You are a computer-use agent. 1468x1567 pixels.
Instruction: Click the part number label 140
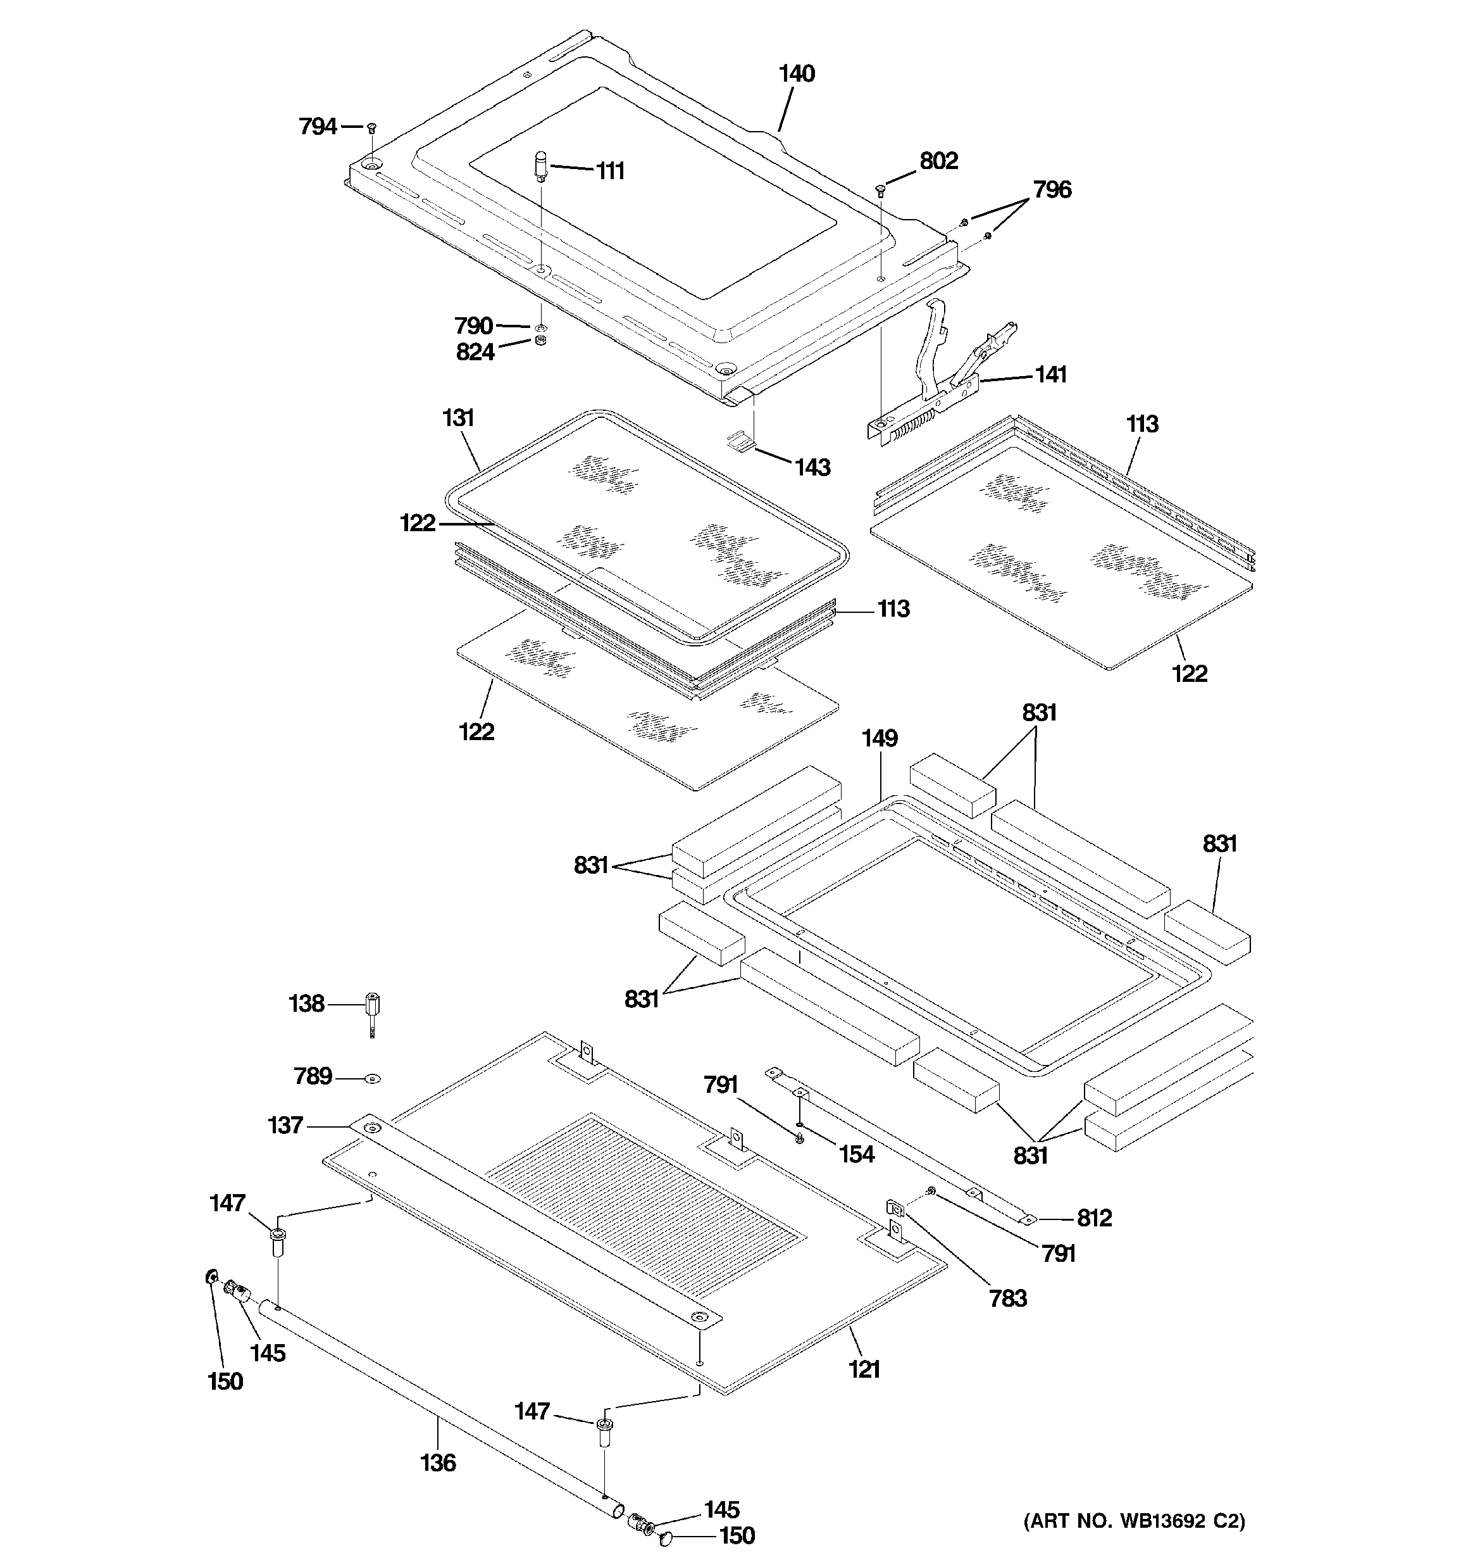[x=796, y=74]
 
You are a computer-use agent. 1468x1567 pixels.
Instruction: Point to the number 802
[x=938, y=161]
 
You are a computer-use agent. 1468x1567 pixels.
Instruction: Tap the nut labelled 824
[x=540, y=341]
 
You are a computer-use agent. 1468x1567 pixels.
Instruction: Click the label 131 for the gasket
[x=458, y=418]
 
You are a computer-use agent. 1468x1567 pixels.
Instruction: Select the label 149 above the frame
[x=880, y=739]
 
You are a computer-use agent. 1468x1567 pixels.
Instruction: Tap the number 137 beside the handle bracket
[x=285, y=1125]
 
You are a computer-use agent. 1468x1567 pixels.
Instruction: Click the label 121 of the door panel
[x=864, y=1369]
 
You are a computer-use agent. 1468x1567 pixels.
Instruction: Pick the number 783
[x=1008, y=1297]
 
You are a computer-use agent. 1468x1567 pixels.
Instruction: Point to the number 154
[x=855, y=1154]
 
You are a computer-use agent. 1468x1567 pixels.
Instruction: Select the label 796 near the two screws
[x=1052, y=189]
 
